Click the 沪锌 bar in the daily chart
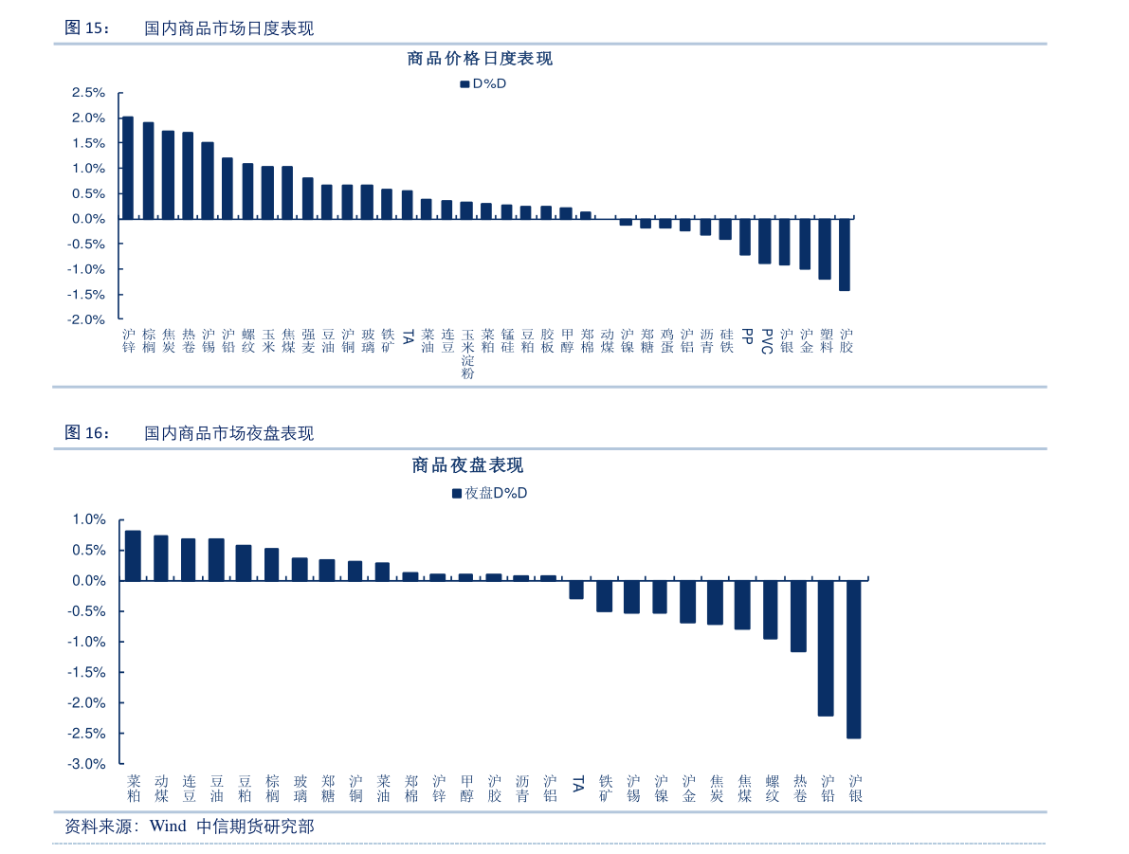point(128,168)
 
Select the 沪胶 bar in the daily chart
point(845,254)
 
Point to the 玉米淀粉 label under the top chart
point(467,354)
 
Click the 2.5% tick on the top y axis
point(87,93)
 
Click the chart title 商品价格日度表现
point(480,59)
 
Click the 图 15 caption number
point(86,28)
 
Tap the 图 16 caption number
point(86,433)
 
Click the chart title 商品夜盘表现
point(467,465)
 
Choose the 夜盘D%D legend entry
point(489,493)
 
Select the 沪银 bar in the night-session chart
point(854,659)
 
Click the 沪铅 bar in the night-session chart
point(826,647)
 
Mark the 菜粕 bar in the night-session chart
point(133,555)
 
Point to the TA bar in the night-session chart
point(576,589)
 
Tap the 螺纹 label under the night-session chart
point(772,788)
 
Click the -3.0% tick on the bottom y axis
point(89,764)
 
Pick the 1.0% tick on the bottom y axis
point(91,519)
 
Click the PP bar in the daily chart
point(745,237)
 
